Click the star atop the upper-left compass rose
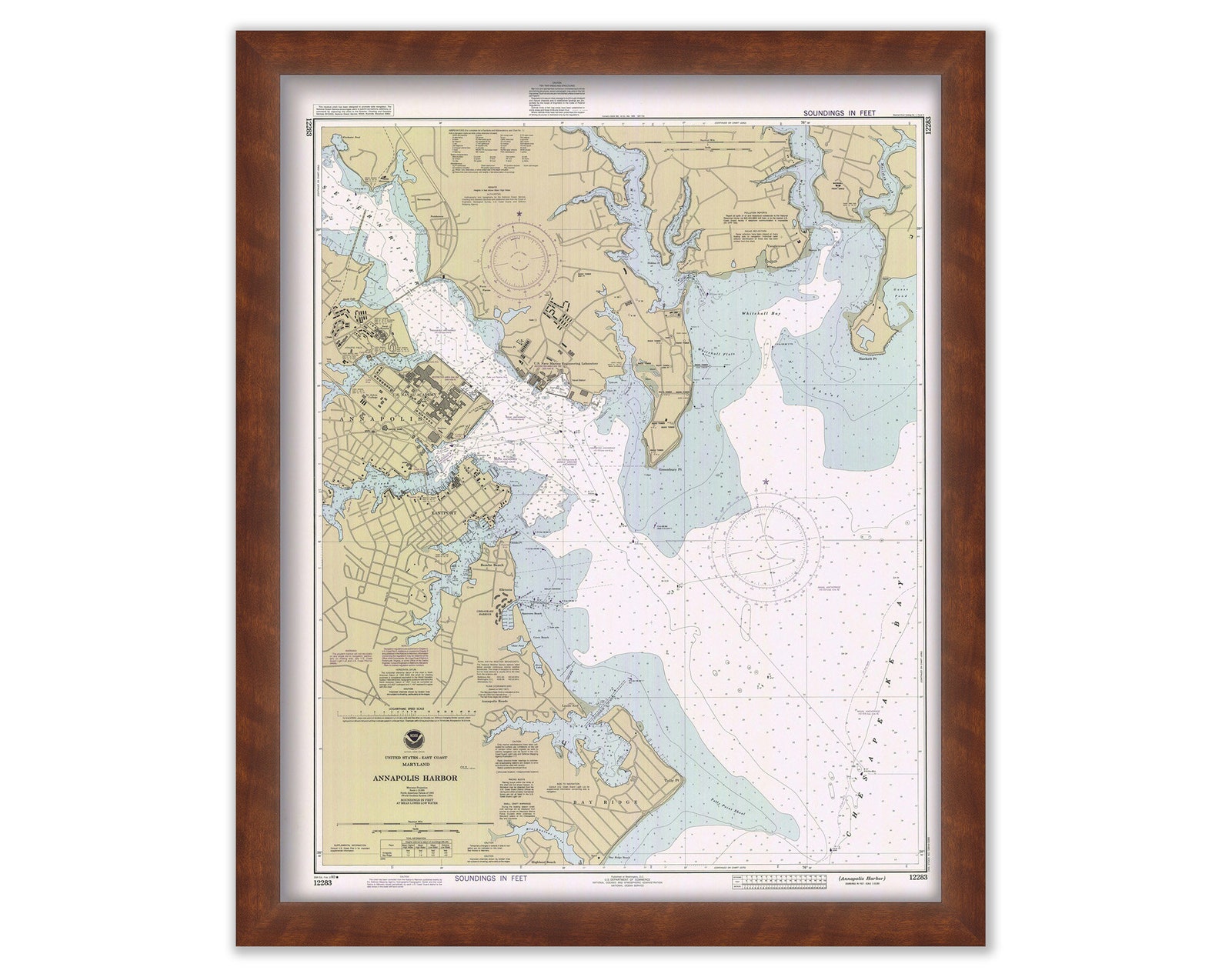click(519, 213)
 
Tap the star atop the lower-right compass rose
click(766, 482)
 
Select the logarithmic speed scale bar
click(404, 712)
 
